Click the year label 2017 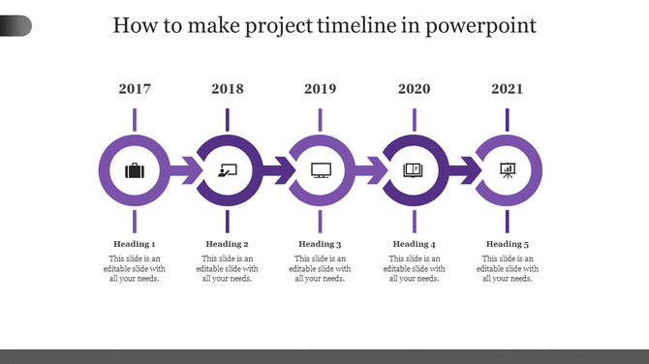[x=135, y=89]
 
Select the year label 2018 [x=228, y=89]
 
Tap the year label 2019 [x=321, y=89]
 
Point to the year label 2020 [x=415, y=89]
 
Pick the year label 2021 [x=508, y=89]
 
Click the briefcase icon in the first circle [x=135, y=171]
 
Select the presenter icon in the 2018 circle [x=228, y=171]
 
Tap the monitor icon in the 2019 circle [x=321, y=171]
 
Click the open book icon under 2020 [x=415, y=171]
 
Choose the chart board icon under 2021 [x=508, y=171]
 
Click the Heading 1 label [x=135, y=244]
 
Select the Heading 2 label [x=228, y=244]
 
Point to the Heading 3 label [x=321, y=244]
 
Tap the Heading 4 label [x=415, y=244]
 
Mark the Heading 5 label [x=508, y=244]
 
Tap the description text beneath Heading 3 [x=321, y=269]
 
